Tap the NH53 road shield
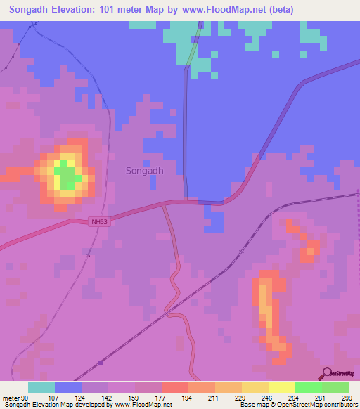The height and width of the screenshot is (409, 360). click(101, 222)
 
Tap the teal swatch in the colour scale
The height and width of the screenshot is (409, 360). click(41, 387)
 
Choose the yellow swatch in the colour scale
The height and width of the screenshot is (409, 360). click(282, 387)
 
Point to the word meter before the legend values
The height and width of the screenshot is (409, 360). click(11, 397)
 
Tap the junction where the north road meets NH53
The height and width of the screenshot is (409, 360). click(186, 202)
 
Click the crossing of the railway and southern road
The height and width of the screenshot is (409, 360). click(169, 309)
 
